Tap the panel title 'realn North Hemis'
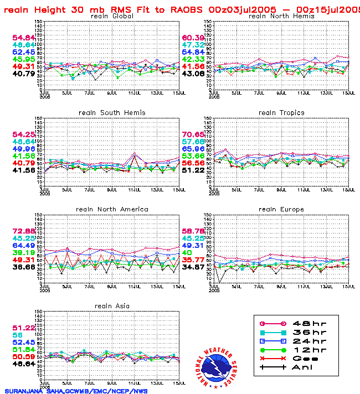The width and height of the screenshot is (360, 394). click(x=281, y=16)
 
